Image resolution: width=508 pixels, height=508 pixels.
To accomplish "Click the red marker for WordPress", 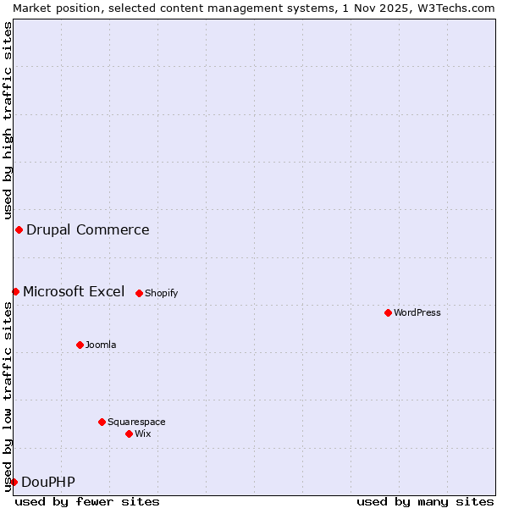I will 388,312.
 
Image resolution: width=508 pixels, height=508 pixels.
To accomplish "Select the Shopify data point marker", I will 139,293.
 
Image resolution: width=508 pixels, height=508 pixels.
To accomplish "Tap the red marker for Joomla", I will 80,345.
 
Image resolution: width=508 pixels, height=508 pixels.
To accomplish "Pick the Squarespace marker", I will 102,422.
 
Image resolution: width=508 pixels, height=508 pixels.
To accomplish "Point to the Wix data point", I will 129,433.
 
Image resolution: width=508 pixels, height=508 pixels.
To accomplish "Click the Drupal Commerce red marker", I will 19,229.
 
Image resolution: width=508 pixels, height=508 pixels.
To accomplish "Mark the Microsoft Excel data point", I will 15,291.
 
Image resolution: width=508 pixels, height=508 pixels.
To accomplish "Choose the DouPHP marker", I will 14,482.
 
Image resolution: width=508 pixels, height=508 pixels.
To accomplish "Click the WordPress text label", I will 417,312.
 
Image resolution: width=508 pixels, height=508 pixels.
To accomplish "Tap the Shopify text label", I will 161,293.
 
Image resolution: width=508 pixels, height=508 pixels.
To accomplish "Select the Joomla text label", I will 101,345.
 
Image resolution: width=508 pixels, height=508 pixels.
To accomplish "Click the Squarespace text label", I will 136,422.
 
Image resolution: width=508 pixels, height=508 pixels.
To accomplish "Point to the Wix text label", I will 142,433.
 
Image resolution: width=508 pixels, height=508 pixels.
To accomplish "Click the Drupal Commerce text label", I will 87,229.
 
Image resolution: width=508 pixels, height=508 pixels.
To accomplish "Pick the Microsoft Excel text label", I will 73,291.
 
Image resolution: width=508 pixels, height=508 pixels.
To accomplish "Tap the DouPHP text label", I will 47,482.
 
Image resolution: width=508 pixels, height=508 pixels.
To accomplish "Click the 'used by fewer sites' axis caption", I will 87,501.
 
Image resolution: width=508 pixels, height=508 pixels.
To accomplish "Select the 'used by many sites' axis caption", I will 425,501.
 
